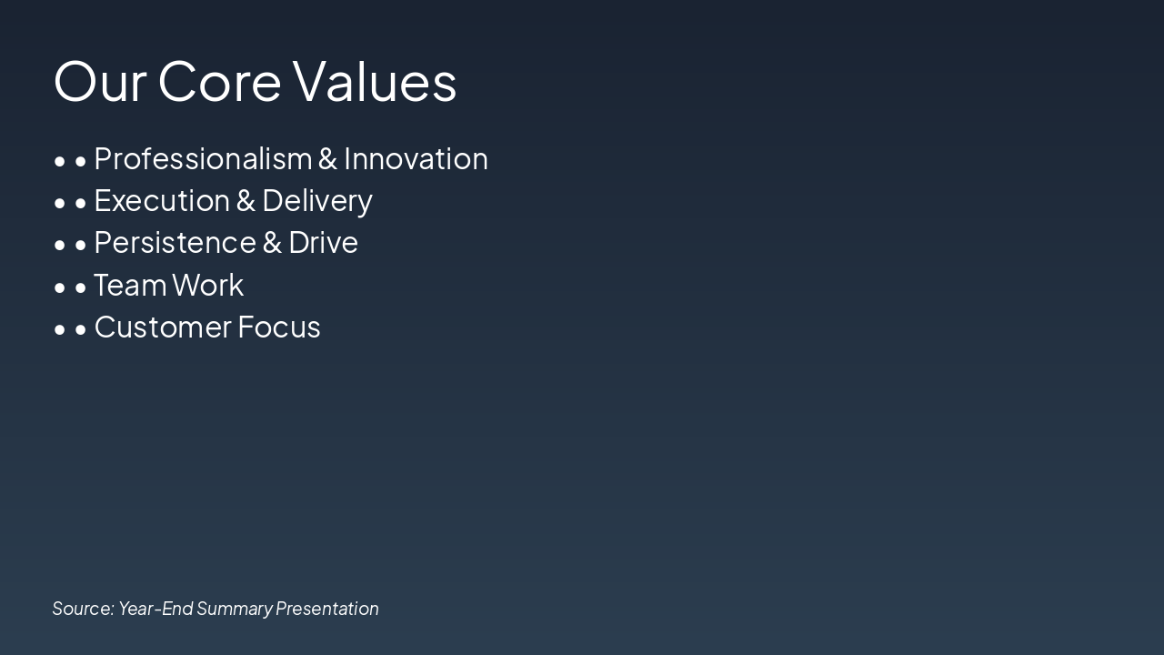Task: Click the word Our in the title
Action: (x=99, y=81)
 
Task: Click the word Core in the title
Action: (x=219, y=81)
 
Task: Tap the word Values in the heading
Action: (x=375, y=81)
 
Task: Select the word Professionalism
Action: (x=203, y=159)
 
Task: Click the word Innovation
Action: (x=416, y=159)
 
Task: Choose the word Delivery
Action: (x=317, y=201)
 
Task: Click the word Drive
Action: (x=323, y=243)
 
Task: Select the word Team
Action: (x=129, y=285)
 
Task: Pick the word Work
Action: (x=207, y=285)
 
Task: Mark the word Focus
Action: (x=279, y=327)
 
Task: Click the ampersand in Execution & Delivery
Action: (x=246, y=201)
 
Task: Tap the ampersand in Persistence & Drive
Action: (x=272, y=243)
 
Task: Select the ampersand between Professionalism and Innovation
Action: (x=327, y=159)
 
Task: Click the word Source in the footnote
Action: (x=83, y=609)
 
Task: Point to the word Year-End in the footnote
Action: (x=156, y=609)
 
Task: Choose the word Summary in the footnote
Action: (x=234, y=609)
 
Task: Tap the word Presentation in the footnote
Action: (x=327, y=609)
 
